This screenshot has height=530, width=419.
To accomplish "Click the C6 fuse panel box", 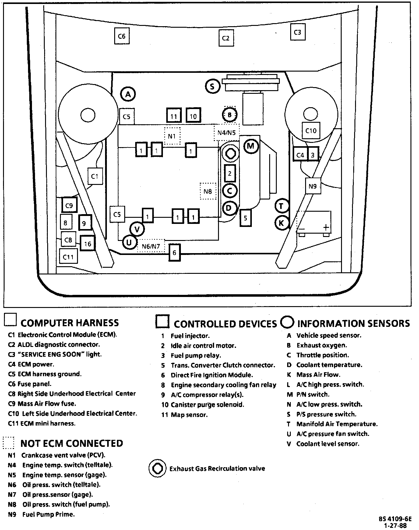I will (121, 36).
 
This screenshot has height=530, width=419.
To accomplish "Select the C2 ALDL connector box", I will (226, 38).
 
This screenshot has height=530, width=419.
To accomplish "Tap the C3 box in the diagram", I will (297, 32).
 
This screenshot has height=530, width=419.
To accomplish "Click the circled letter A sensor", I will (128, 94).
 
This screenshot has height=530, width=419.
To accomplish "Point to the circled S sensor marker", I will (212, 86).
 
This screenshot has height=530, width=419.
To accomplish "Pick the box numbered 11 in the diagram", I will (174, 116).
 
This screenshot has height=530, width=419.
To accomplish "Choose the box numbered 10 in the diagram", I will (193, 116).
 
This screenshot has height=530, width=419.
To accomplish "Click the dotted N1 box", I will (172, 136).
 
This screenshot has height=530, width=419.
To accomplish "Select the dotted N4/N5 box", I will (227, 132).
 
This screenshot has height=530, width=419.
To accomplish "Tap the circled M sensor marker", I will (251, 146).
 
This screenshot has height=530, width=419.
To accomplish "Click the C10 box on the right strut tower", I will (311, 131).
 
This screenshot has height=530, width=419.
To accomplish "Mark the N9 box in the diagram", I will (313, 186).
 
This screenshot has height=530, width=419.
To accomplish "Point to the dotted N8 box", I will (208, 191).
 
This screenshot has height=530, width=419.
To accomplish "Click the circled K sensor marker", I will (281, 223).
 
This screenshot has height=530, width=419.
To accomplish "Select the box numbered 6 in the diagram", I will (174, 253).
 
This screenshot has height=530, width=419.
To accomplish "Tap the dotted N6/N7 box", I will (151, 246).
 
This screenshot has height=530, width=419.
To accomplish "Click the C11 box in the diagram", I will (68, 257).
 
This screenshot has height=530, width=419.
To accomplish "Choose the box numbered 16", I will (88, 244).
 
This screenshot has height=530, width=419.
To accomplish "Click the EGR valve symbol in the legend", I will (157, 468).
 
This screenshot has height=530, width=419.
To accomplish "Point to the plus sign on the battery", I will (326, 227).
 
